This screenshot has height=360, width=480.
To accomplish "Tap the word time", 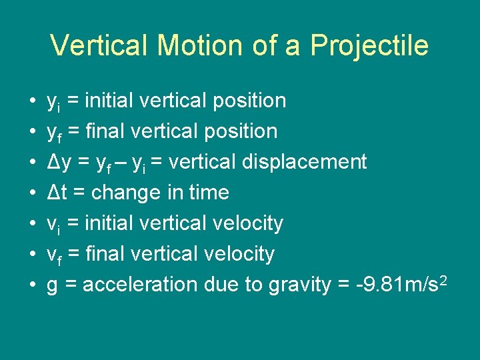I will (x=208, y=193).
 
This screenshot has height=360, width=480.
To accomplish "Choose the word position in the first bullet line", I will (x=249, y=101).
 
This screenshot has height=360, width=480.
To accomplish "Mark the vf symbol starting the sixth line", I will (x=53, y=255).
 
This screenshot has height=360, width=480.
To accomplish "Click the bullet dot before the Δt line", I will (x=33, y=193).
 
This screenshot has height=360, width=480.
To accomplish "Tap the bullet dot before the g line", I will (x=33, y=285).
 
